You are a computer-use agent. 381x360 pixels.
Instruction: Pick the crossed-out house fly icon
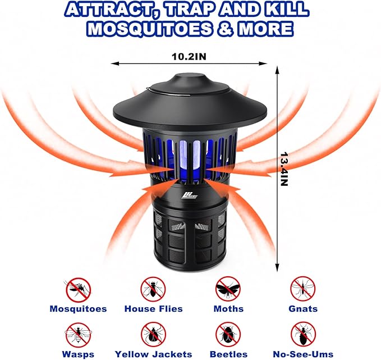[x=153, y=289]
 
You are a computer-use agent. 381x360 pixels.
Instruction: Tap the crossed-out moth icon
[x=228, y=289]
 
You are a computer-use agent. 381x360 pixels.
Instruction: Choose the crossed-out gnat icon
[x=303, y=289]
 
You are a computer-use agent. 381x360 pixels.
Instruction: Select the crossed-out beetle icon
[x=228, y=335]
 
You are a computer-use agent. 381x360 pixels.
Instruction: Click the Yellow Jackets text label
[x=153, y=354]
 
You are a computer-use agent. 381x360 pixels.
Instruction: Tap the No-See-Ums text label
[x=304, y=354]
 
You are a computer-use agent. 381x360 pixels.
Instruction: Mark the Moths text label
[x=228, y=309]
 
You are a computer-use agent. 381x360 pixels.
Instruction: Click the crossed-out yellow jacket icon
[x=153, y=335]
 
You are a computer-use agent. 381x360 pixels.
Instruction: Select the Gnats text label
[x=304, y=309]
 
